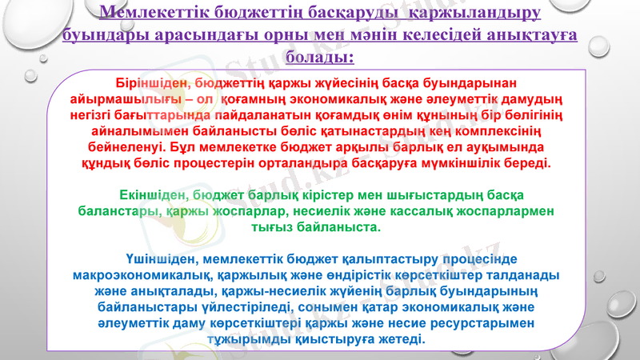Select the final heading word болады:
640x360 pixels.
[318, 58]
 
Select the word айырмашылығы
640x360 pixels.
[132, 100]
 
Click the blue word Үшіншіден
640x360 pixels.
[162, 259]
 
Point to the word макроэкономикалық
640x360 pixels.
[142, 275]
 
